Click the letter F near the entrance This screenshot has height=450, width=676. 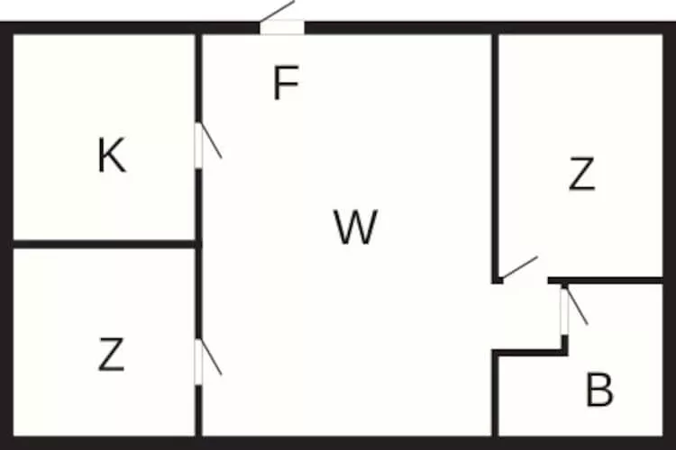pos(285,85)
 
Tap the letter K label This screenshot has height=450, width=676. pos(111,157)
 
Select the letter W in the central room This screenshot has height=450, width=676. pos(354,227)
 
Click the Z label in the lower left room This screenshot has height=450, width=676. pos(110,355)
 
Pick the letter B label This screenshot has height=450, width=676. pos(599,391)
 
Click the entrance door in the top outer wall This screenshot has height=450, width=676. pos(281,27)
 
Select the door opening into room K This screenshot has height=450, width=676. pos(199,144)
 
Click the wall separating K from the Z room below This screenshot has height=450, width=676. pos(104,243)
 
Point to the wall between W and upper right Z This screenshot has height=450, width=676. pos(495,153)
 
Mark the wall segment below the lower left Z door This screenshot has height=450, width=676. pos(198,409)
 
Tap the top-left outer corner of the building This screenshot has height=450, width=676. pos(7,27)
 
